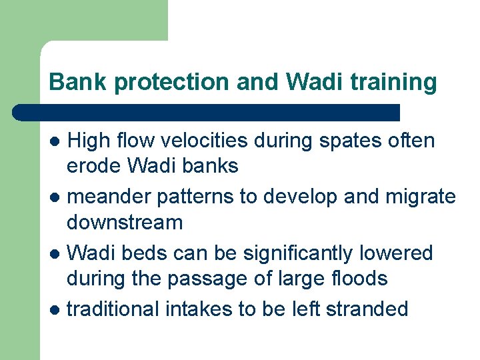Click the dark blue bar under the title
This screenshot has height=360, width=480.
click(207, 112)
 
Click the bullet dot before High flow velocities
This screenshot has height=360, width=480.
click(57, 142)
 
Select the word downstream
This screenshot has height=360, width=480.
click(125, 221)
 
